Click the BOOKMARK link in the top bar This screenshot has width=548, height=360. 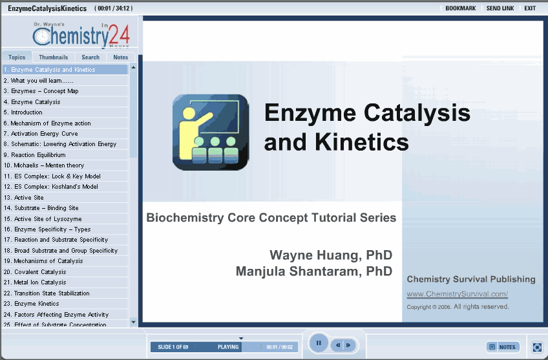coord(460,8)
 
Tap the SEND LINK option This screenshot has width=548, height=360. coord(500,8)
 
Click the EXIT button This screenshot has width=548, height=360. coord(530,8)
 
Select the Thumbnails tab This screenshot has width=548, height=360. coord(53,57)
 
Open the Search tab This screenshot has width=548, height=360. coord(90,57)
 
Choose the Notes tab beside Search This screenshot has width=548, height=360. coord(121,57)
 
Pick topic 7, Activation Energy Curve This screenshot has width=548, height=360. coord(41,134)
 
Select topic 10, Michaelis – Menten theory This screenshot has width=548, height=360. coord(44,165)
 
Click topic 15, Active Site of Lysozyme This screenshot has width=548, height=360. coord(43,219)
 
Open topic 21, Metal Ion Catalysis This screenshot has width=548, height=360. coord(35,282)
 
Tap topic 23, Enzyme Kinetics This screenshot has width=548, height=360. coord(32,304)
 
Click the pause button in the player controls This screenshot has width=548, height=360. coord(319,343)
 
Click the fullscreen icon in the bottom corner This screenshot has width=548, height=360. coord(537,347)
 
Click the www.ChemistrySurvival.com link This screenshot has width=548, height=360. coord(457,294)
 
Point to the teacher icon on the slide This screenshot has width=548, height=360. coord(211,132)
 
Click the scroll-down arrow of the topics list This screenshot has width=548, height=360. coord(133,322)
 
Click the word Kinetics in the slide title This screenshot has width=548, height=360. coord(361,142)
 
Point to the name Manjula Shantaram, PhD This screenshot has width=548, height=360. coord(314,271)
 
